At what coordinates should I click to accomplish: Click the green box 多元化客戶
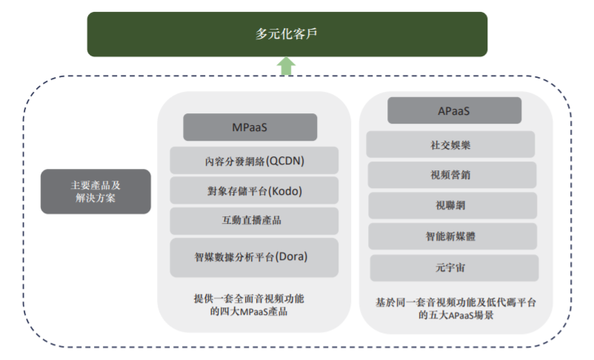[x=287, y=34]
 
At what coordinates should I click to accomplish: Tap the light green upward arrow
[x=286, y=67]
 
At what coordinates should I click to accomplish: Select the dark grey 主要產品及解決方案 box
[x=96, y=191]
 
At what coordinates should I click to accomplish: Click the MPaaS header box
[x=250, y=127]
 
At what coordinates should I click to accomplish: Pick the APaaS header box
[x=454, y=110]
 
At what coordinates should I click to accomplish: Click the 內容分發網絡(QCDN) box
[x=254, y=161]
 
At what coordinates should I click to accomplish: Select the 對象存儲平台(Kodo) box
[x=254, y=190]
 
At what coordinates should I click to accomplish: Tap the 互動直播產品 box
[x=254, y=221]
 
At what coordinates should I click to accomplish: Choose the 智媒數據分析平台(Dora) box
[x=254, y=257]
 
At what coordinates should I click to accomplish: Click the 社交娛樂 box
[x=450, y=144]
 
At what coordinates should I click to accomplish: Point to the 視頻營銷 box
[x=452, y=175]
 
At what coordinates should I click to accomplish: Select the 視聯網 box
[x=453, y=205]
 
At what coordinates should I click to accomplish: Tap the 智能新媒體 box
[x=453, y=236]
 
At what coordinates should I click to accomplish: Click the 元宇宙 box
[x=454, y=268]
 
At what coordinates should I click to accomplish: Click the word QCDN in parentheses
[x=285, y=161]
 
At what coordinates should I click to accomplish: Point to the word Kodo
[x=285, y=191]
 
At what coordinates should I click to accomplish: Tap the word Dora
[x=291, y=256]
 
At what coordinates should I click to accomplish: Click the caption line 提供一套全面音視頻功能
[x=249, y=299]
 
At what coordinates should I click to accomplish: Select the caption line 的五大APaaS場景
[x=455, y=315]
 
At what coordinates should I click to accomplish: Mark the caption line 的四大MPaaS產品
[x=249, y=312]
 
